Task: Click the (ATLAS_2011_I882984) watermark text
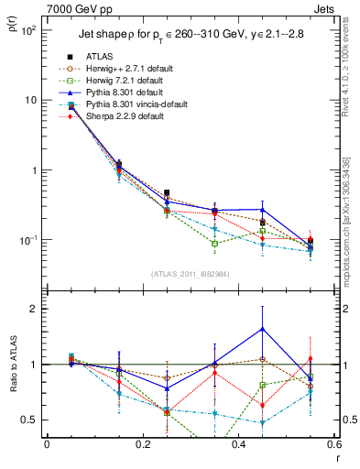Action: [190, 275]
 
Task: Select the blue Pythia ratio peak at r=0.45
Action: [263, 328]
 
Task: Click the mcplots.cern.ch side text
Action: [352, 220]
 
